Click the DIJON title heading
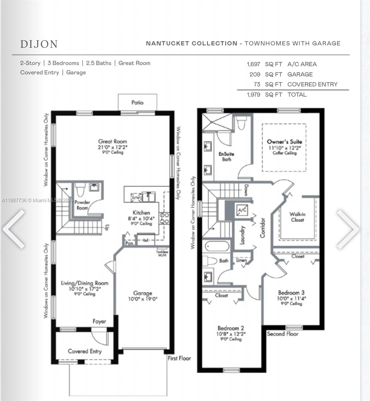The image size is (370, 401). pos(39,44)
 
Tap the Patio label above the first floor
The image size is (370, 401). pos(137,103)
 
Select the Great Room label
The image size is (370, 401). pos(113,141)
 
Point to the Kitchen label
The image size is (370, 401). pos(141,213)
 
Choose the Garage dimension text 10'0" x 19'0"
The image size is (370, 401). pos(143,299)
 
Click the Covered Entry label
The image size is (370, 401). pos(84,351)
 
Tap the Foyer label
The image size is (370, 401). pos(99,321)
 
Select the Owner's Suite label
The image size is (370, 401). pos(284,142)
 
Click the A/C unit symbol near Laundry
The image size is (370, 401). pos(242,210)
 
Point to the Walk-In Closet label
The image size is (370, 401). pos(297,217)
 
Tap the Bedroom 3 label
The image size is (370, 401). pos(291,292)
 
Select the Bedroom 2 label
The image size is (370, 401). pos(231,328)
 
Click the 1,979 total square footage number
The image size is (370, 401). pos(253,95)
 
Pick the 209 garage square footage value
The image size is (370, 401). pos(255,74)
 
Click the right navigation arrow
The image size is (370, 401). pos(348,229)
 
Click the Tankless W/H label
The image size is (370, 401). pos(162,253)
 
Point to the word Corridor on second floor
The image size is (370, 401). pos(263,228)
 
